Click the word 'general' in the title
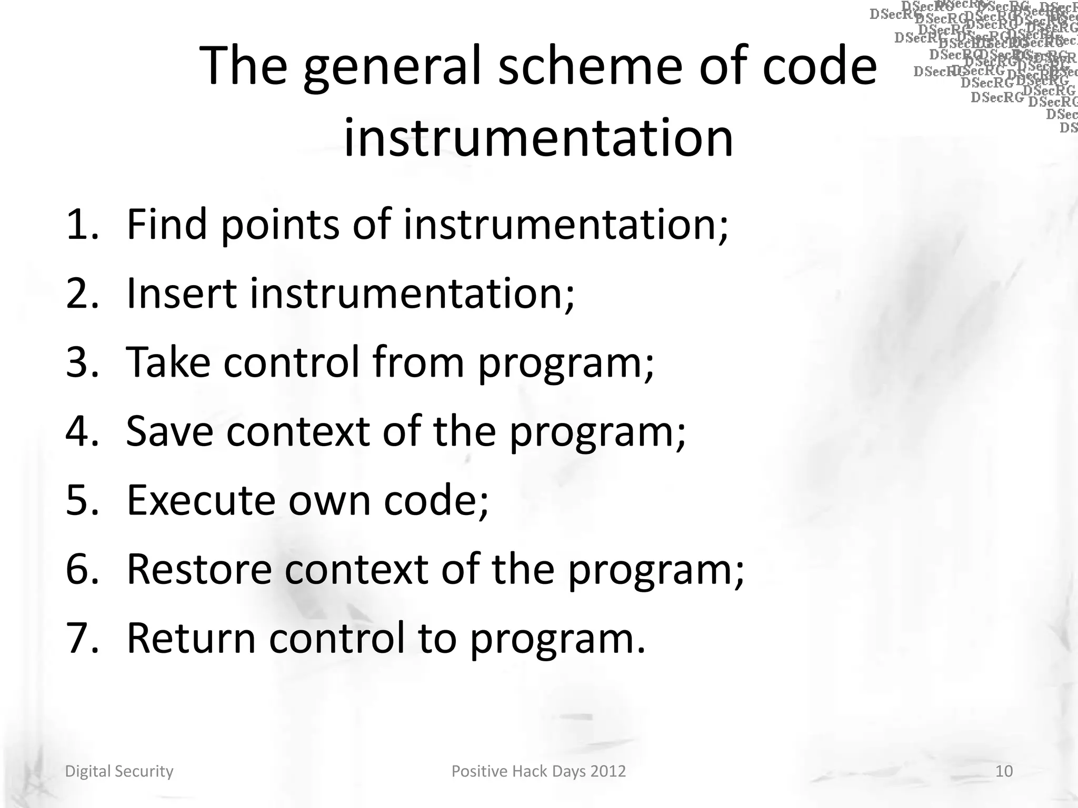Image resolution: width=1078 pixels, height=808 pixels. (392, 67)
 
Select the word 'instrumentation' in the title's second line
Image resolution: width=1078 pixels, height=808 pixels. (538, 138)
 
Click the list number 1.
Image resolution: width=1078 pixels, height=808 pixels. (82, 225)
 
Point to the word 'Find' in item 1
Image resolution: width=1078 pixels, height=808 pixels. (167, 225)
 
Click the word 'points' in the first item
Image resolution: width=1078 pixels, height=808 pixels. (280, 226)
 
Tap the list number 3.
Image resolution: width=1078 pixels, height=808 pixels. (82, 362)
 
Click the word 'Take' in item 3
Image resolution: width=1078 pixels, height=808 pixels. (168, 362)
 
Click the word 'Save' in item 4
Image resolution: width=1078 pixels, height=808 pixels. (169, 431)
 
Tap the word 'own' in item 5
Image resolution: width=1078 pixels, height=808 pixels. (330, 500)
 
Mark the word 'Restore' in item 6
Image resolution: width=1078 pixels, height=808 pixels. (199, 569)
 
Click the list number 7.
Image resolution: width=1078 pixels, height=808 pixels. (82, 638)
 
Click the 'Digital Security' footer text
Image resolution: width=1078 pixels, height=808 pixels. (119, 771)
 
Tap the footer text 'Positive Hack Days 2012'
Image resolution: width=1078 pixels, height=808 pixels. (538, 771)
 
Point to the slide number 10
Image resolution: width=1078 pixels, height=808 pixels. (1004, 771)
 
